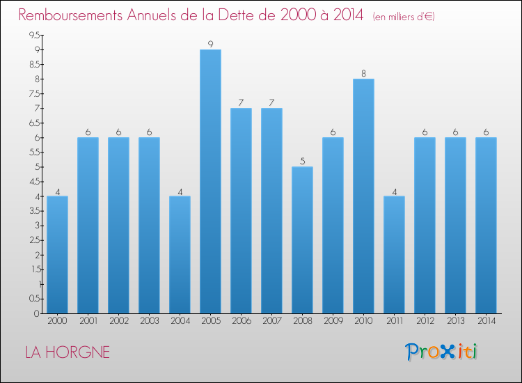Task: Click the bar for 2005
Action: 210,181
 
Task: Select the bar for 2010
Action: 363,196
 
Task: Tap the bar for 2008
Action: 302,240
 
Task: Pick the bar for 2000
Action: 57,254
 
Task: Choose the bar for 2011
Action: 394,254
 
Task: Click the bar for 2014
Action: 486,225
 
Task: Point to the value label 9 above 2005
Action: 210,44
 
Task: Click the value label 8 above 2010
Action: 363,73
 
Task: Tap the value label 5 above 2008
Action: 302,161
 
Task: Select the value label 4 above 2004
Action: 180,190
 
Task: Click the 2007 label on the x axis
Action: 271,321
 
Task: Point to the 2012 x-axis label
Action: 425,321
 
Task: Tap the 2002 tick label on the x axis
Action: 118,321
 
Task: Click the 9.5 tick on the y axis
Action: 33,36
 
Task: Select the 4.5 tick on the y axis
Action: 33,182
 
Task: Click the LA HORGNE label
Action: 68,352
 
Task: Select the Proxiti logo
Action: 441,352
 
